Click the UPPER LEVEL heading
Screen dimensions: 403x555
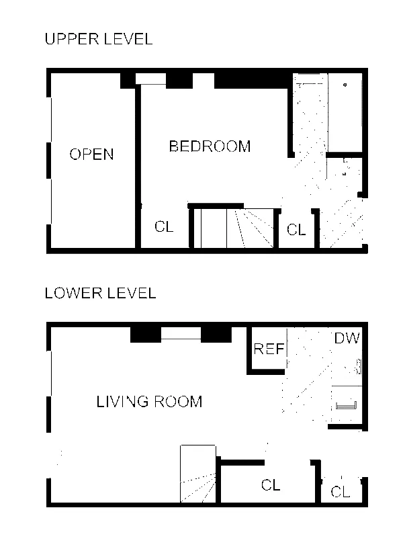click(x=99, y=39)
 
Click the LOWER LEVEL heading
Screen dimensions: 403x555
click(x=101, y=293)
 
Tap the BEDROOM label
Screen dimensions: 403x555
click(x=210, y=146)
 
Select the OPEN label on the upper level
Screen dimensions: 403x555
click(x=91, y=155)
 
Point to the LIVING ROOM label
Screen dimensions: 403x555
click(x=149, y=402)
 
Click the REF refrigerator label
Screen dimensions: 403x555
click(x=269, y=349)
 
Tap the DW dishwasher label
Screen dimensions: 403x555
click(x=347, y=338)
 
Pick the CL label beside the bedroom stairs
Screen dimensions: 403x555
click(x=164, y=226)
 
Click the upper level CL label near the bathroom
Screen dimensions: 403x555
click(x=296, y=230)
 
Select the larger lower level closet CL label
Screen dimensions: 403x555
click(x=271, y=485)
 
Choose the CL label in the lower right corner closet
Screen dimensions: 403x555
click(x=341, y=492)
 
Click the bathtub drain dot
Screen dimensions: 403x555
click(x=345, y=85)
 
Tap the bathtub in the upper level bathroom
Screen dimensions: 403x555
click(x=345, y=113)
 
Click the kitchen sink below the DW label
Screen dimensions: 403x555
click(x=345, y=405)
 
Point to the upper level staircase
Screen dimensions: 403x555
click(x=234, y=228)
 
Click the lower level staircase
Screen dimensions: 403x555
click(x=198, y=474)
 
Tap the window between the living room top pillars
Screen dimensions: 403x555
click(x=181, y=334)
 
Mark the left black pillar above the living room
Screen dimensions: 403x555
click(x=146, y=335)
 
